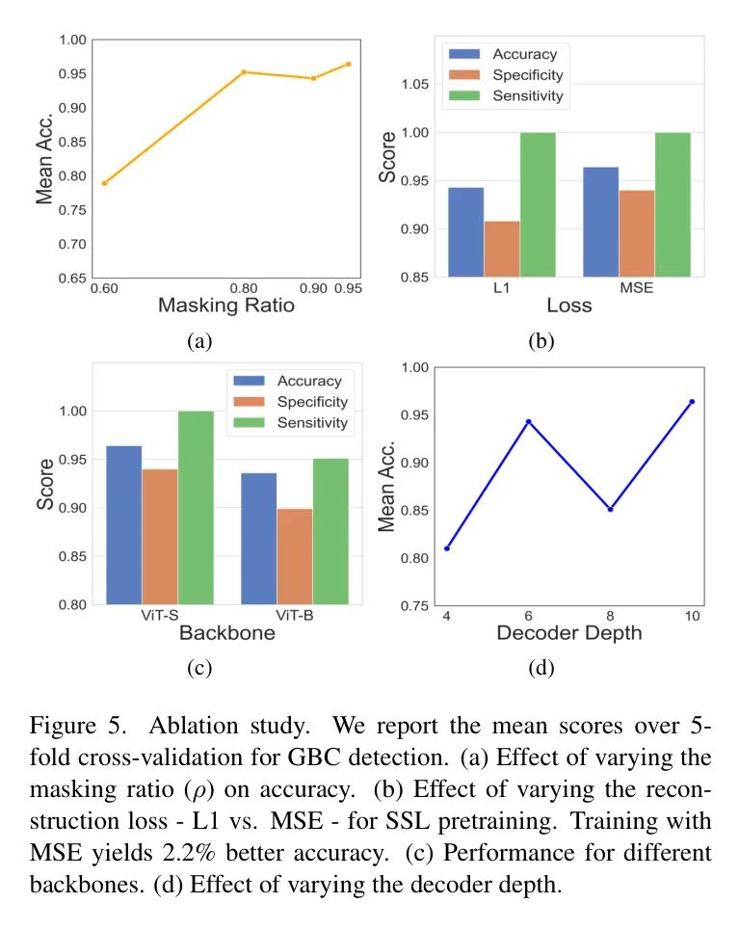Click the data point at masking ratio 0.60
[104, 183]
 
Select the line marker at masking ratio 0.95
[349, 64]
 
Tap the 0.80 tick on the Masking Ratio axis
[244, 288]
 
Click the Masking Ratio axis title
[225, 306]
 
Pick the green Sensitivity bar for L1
[538, 204]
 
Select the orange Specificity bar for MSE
[637, 233]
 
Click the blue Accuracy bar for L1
[466, 232]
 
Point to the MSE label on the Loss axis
[637, 288]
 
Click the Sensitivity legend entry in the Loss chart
[527, 95]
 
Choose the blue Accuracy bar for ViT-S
[124, 525]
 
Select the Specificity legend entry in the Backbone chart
[311, 402]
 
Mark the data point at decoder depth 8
[610, 509]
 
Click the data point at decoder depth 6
[528, 421]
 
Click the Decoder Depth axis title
[568, 633]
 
